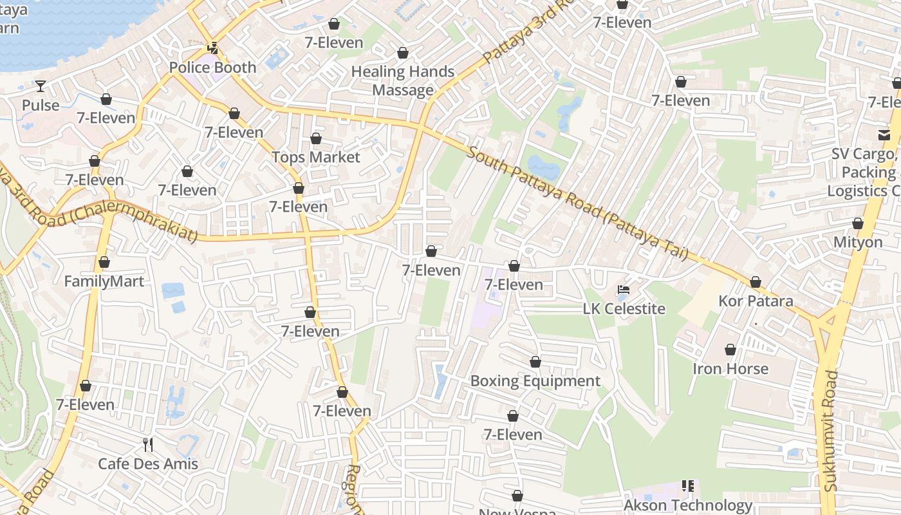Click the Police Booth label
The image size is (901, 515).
coord(212,68)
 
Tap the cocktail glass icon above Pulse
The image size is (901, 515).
coord(41,86)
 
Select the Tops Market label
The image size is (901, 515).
coord(315,157)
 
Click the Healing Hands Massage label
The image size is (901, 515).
coord(403,80)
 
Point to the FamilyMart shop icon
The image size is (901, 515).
coord(104,263)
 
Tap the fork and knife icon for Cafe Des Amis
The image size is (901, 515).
coord(148,444)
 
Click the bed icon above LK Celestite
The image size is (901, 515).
coord(624,290)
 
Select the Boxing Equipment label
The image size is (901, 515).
coord(535,380)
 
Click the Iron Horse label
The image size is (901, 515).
coord(730,369)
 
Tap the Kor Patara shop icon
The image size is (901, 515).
coord(756,282)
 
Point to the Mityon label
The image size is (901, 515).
coord(858,242)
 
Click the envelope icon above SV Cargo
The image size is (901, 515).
coord(884,135)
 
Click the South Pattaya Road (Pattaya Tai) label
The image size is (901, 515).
coord(577,203)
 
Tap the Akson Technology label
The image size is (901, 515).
coord(687,505)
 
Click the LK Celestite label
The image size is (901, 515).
coord(624,308)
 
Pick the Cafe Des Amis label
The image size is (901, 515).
coord(148,464)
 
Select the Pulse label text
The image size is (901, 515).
coord(41,105)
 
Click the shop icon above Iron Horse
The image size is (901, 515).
coord(730,350)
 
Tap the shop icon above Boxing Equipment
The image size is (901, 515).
coord(535,362)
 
